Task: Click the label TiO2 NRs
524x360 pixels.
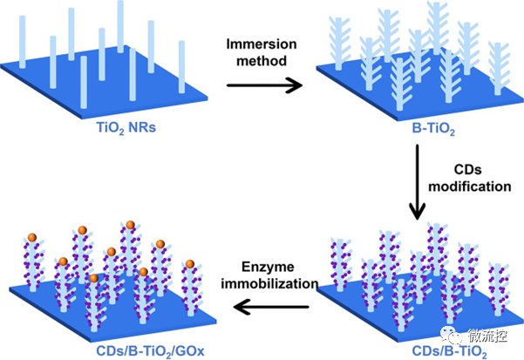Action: (126, 127)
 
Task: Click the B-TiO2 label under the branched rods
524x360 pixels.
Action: (433, 129)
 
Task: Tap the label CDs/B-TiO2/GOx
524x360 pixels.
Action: (150, 351)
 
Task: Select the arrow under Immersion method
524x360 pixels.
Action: (264, 85)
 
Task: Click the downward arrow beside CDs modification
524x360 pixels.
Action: (417, 182)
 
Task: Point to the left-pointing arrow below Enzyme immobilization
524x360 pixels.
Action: (271, 307)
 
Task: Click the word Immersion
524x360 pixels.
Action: (262, 44)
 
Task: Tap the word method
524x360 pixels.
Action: (262, 61)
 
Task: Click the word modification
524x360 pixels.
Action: (470, 187)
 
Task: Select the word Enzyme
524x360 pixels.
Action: (268, 267)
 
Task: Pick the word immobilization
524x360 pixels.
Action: (269, 283)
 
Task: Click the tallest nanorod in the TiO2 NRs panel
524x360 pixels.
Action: (120, 26)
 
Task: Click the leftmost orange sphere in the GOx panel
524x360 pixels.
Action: (32, 237)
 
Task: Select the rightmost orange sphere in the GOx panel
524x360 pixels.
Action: (190, 264)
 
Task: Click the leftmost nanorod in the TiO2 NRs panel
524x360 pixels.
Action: (23, 42)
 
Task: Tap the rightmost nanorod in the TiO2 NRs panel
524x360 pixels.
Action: (182, 67)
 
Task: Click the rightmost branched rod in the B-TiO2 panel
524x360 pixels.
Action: (498, 69)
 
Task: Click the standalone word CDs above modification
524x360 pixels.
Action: (467, 170)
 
